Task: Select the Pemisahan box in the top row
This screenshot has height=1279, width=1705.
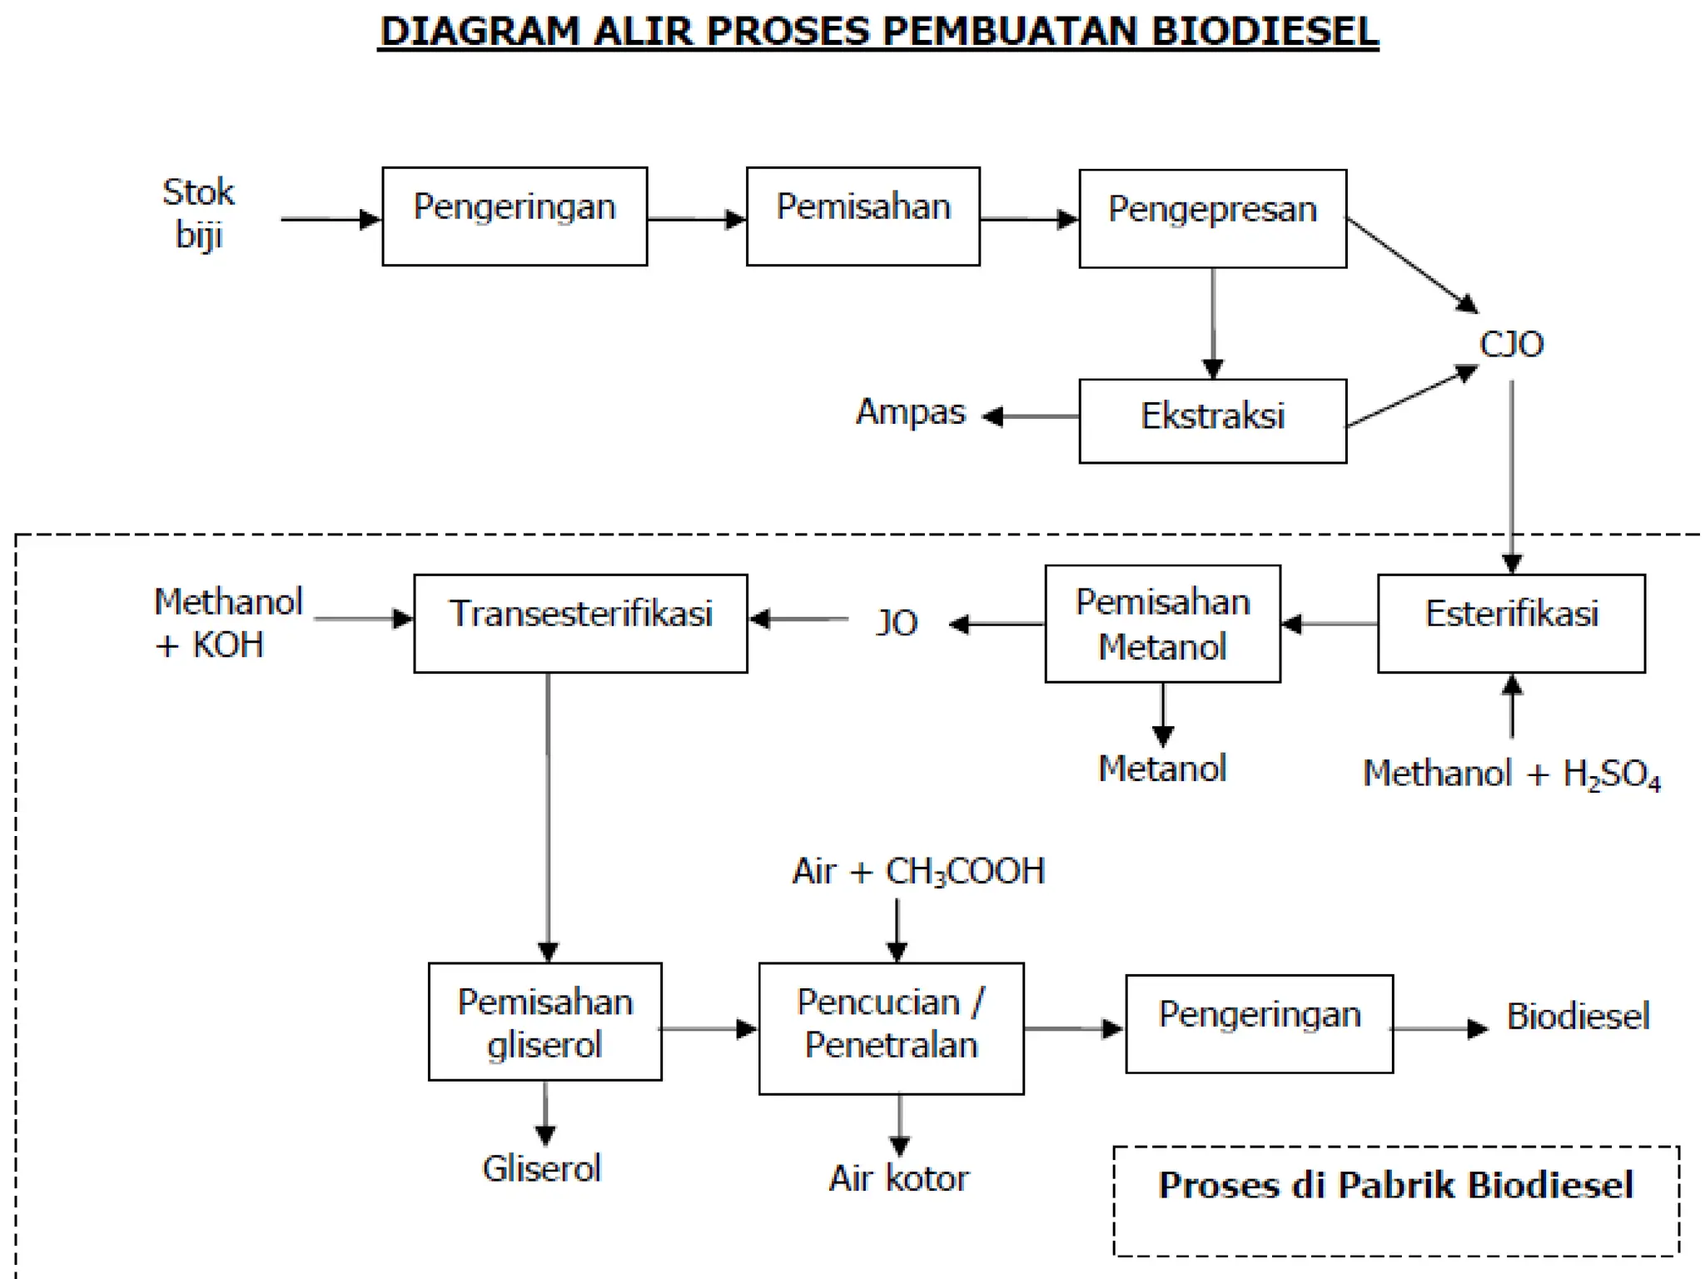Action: pos(862,216)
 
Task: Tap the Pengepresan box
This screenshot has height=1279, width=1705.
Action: pos(1212,218)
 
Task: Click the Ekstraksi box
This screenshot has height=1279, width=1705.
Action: pos(1212,420)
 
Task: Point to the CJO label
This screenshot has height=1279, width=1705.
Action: pos(1511,344)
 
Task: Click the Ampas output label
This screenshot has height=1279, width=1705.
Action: pos(910,411)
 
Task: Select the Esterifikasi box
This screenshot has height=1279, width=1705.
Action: pos(1511,622)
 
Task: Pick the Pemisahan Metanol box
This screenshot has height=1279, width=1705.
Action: pos(1162,624)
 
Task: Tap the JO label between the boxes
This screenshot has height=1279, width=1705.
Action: pos(897,623)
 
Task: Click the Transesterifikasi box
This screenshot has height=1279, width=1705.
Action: pos(580,622)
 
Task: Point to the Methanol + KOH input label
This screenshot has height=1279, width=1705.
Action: pos(226,623)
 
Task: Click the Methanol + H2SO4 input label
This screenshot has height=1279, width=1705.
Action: pos(1511,774)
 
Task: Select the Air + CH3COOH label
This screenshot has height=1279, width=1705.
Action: pos(917,872)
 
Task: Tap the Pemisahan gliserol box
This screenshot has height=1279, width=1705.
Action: pos(544,1022)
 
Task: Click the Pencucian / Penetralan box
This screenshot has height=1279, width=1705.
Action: pos(891,1028)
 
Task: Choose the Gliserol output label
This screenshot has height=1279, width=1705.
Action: pos(541,1168)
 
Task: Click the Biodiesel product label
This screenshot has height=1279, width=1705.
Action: pos(1577,1017)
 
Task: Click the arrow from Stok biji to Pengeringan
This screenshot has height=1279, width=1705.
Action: pos(330,219)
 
